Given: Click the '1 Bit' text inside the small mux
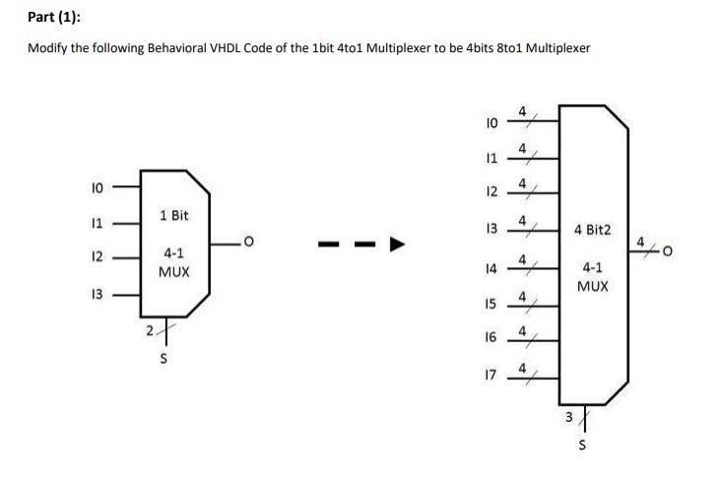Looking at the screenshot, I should [x=173, y=215].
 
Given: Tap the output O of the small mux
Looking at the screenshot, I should [x=251, y=240].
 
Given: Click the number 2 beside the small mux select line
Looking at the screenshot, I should [x=149, y=330].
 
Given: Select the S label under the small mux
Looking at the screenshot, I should [x=164, y=359].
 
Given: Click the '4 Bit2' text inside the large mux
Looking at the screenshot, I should [x=592, y=231].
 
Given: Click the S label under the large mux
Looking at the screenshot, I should [x=583, y=446].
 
